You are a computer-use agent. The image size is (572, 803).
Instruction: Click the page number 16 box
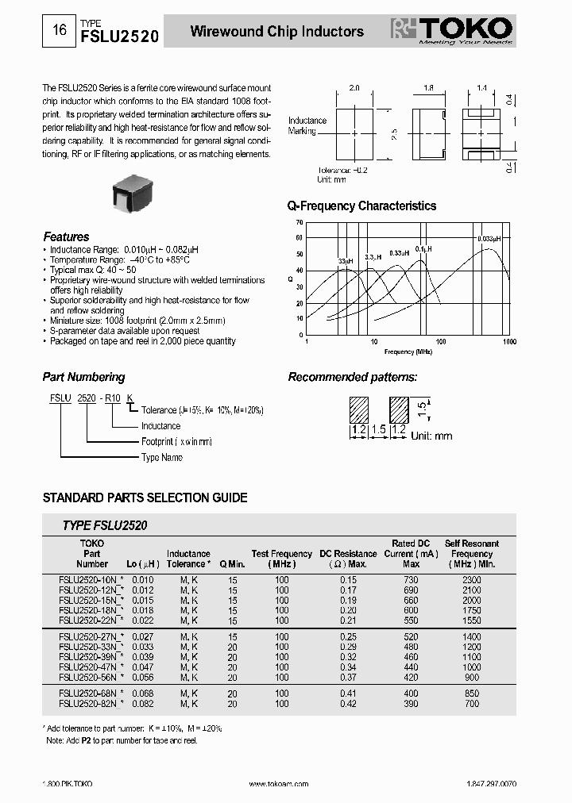[x=59, y=31]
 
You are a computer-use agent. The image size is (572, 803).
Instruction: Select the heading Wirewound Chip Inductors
[x=276, y=32]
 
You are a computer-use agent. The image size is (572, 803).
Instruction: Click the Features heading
[x=66, y=236]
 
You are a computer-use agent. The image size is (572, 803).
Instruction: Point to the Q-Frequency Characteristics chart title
[x=361, y=206]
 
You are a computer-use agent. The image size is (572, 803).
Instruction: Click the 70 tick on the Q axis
[x=300, y=222]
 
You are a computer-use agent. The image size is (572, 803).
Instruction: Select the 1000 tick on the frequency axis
[x=508, y=341]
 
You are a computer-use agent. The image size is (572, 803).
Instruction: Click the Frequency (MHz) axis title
[x=408, y=351]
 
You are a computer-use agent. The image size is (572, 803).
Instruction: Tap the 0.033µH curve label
[x=489, y=239]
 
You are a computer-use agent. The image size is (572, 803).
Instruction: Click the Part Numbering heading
[x=83, y=378]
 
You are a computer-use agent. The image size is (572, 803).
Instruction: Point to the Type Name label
[x=161, y=457]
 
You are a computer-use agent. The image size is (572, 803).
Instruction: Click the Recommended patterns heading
[x=352, y=378]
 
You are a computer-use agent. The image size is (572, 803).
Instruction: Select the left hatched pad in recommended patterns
[x=359, y=409]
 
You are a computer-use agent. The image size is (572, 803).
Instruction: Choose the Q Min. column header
[x=232, y=564]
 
